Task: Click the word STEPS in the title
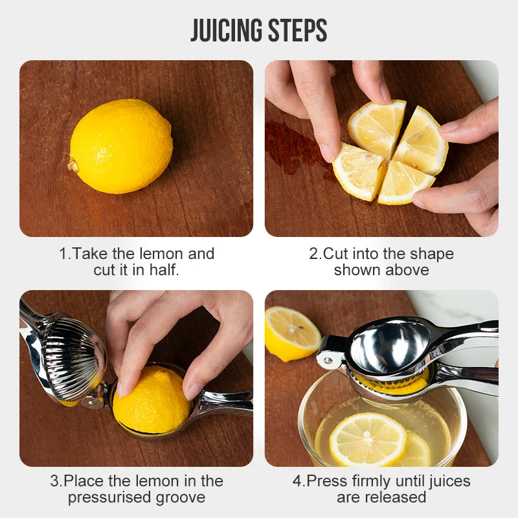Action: [298, 30]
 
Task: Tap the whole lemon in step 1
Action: [120, 146]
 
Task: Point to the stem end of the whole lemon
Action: [73, 164]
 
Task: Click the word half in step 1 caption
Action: [164, 270]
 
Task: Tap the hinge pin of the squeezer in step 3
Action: [91, 401]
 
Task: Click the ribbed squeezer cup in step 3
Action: [72, 359]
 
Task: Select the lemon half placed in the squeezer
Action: [152, 400]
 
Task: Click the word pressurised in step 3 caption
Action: [109, 497]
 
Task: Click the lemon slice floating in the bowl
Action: [368, 440]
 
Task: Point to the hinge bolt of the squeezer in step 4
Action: [328, 361]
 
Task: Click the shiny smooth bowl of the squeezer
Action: [390, 348]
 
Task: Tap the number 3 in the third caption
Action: [54, 481]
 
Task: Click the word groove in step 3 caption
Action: [181, 498]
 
